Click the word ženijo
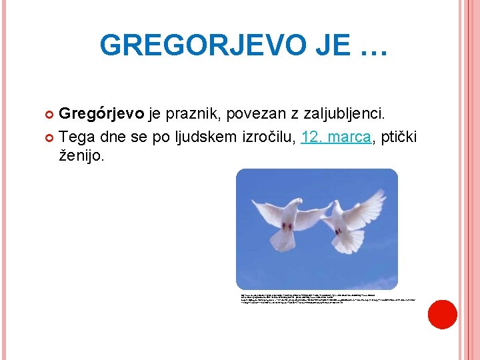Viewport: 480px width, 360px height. coord(82,157)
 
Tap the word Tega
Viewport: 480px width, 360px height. coord(79,137)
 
